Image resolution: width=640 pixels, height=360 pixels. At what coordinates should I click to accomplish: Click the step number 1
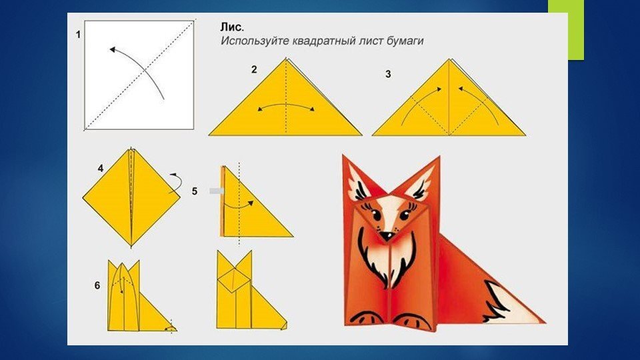coord(79,35)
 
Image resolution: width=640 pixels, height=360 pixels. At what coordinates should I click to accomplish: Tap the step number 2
coord(254,70)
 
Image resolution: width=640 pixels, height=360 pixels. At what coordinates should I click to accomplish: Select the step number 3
coord(388,74)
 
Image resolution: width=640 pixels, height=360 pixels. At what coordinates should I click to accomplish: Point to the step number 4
coord(101,168)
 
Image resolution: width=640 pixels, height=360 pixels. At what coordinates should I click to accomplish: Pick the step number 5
coord(194,191)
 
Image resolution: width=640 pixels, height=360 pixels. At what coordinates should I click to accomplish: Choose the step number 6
coord(97,285)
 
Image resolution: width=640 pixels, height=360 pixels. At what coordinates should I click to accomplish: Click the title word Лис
coord(232,27)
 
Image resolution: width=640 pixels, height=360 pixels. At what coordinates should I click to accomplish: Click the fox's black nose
coord(385,235)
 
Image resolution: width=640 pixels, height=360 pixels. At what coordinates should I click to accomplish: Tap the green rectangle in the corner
coord(566,30)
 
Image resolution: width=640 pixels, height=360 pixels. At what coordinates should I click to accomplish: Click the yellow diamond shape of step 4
coord(131,197)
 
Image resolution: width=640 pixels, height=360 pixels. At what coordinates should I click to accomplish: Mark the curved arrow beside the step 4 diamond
coord(176,183)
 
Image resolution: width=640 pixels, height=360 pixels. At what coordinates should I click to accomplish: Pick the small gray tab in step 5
coord(216,191)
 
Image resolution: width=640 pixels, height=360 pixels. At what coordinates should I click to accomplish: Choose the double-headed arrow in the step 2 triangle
coord(286,105)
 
